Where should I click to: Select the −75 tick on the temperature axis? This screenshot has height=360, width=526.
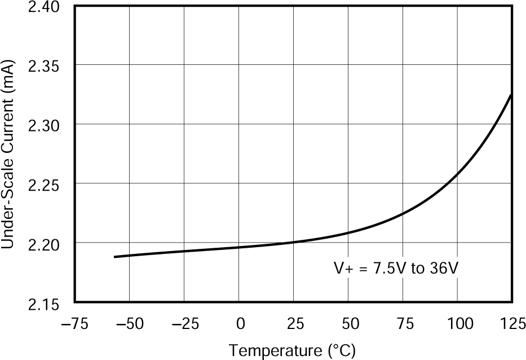75,324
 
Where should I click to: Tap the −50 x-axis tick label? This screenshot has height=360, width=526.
129,324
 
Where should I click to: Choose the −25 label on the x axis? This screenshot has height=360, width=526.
184,324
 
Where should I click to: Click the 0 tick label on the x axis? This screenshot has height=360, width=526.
241,324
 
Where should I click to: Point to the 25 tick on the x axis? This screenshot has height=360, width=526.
295,324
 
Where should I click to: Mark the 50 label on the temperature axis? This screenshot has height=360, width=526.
350,324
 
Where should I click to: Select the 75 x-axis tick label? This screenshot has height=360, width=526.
404,324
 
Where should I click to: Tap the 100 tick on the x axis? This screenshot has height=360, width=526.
458,324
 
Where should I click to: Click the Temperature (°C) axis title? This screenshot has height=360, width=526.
292,351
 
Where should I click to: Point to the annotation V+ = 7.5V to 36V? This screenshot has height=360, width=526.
395,269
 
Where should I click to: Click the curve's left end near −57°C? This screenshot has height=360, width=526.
115,257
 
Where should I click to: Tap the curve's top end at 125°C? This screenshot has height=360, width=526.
511,95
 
